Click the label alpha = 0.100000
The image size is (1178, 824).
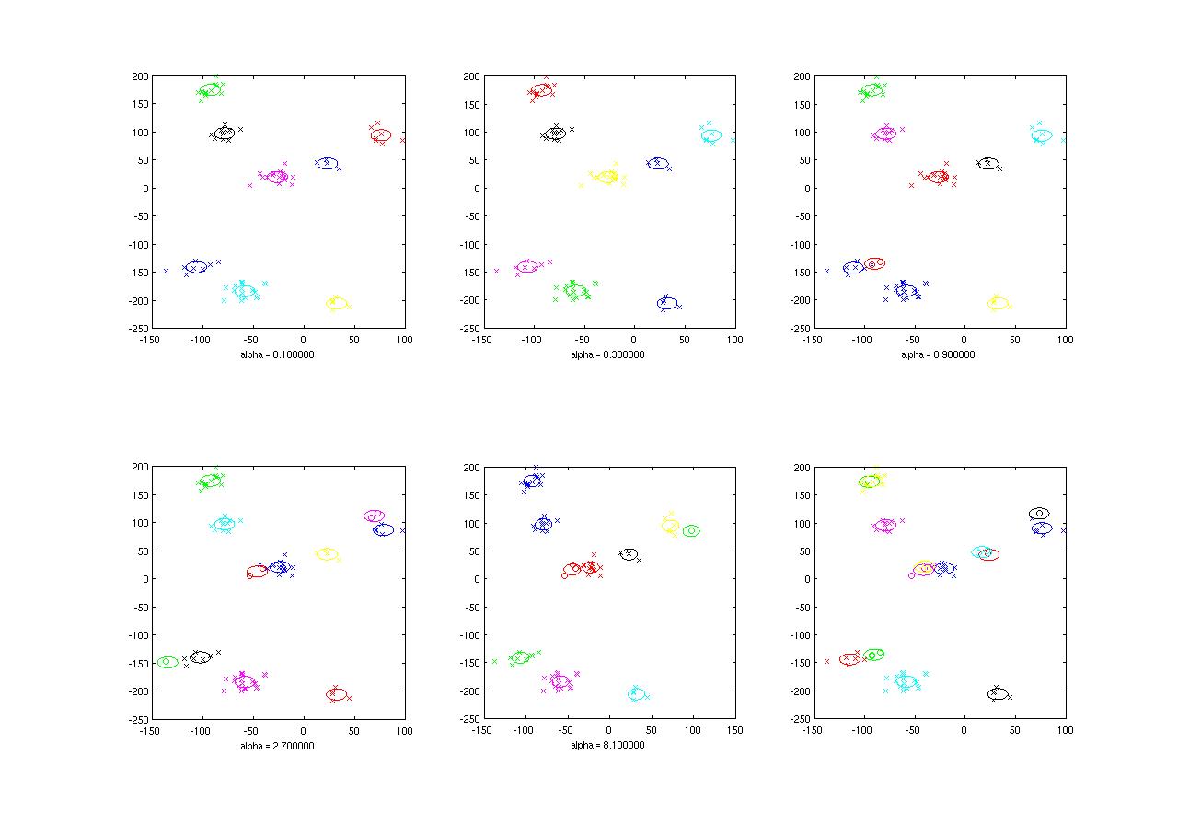[x=276, y=354]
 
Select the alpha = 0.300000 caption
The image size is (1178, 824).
[x=607, y=354]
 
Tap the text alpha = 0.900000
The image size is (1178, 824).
[x=938, y=354]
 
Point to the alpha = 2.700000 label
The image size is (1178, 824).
[x=276, y=746]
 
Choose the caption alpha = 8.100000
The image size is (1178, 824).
[x=607, y=746]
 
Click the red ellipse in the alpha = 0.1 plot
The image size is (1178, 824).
[x=381, y=135]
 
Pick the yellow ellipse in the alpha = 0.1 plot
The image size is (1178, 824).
[x=338, y=303]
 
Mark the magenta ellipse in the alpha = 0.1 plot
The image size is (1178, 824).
[x=277, y=177]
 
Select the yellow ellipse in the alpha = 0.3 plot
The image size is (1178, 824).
[x=607, y=176]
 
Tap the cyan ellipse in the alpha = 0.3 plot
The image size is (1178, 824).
[x=710, y=135]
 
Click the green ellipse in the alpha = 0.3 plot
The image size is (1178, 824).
[x=576, y=291]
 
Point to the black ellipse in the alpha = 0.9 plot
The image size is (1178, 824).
[x=987, y=164]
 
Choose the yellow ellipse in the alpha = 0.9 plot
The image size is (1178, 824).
[x=999, y=303]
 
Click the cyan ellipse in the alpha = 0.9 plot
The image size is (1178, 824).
[x=1041, y=135]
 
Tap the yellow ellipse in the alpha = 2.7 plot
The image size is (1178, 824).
[x=326, y=554]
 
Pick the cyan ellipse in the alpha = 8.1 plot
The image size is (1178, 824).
[x=637, y=693]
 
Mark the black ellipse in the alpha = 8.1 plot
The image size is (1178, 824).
[x=629, y=554]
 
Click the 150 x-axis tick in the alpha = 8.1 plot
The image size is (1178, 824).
[x=734, y=730]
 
